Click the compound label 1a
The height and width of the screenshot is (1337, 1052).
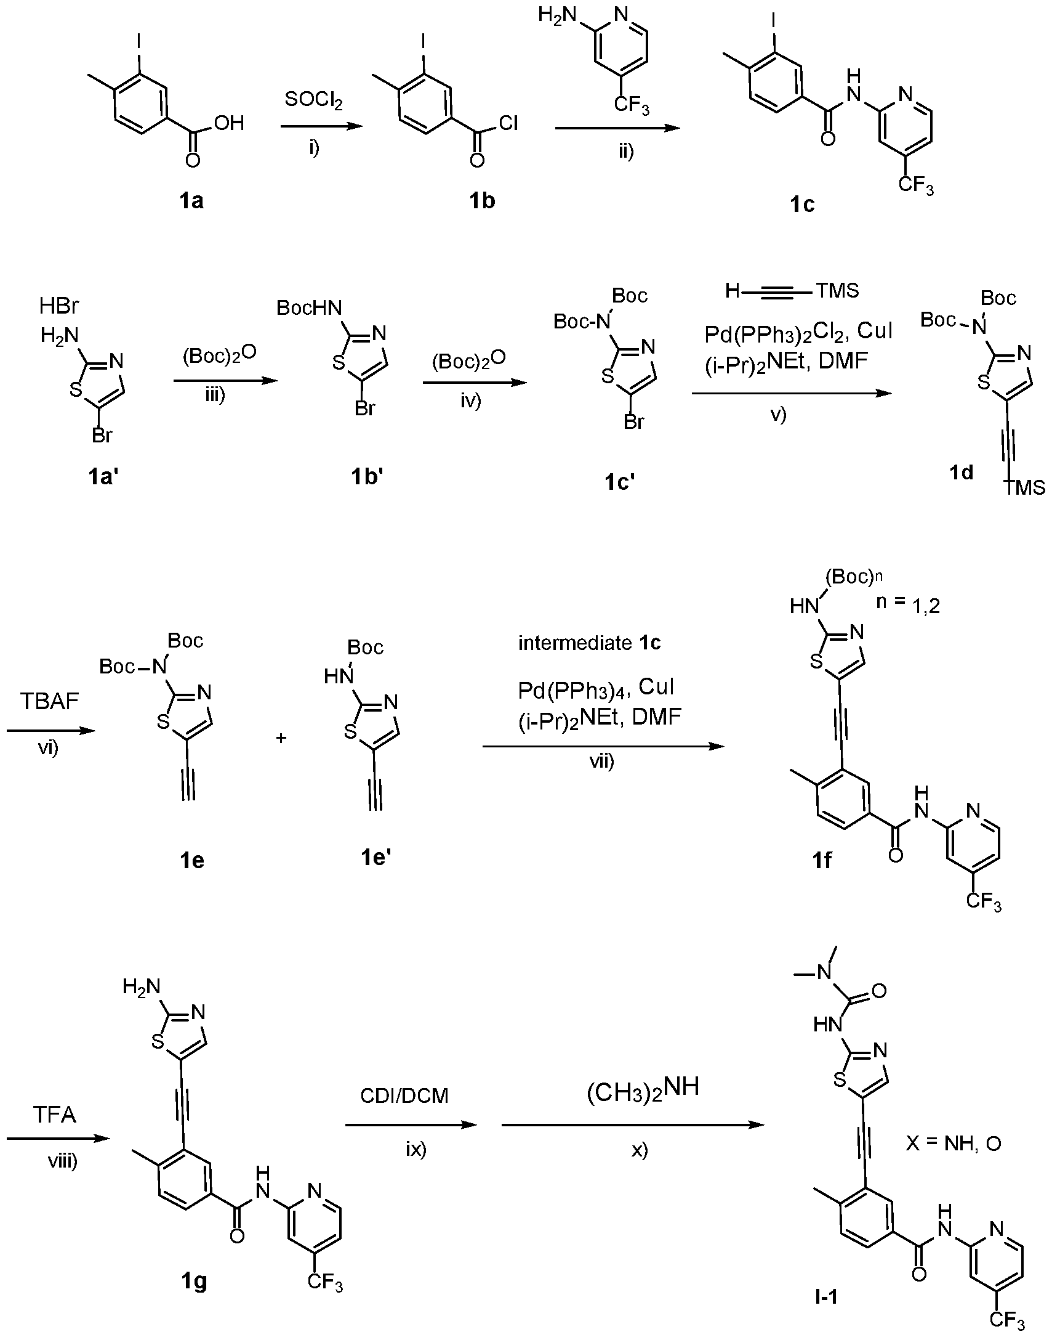point(191,201)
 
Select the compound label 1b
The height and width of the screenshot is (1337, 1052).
point(482,201)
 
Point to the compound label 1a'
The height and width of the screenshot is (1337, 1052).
point(103,476)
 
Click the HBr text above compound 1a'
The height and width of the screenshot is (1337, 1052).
point(59,305)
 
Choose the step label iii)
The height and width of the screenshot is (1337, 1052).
point(215,395)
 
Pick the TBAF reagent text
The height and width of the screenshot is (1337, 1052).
point(49,702)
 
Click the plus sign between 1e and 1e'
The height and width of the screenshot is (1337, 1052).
point(281,738)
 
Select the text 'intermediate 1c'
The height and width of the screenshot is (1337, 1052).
point(589,643)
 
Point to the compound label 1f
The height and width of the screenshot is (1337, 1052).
point(822,860)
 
